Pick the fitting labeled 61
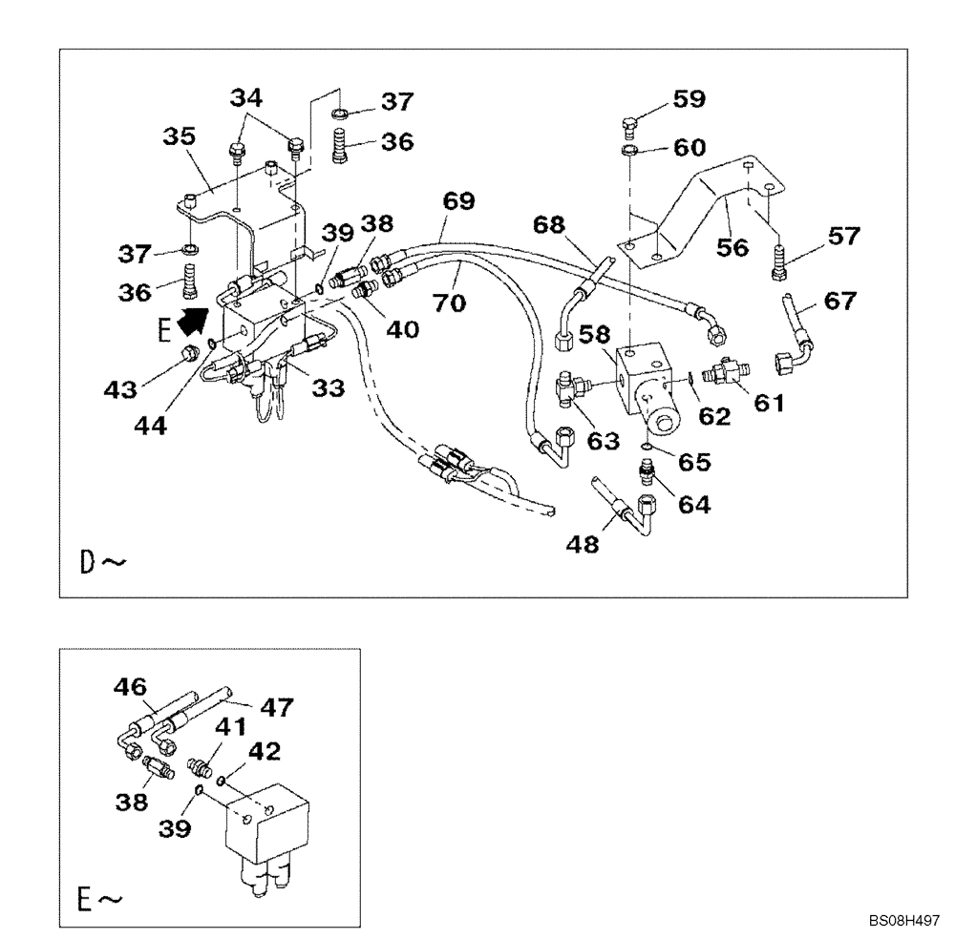[726, 373]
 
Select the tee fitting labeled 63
[570, 389]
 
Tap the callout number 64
[694, 505]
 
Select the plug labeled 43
[189, 356]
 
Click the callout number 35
[179, 137]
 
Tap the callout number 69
[458, 201]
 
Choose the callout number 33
[329, 388]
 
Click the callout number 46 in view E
[130, 685]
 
